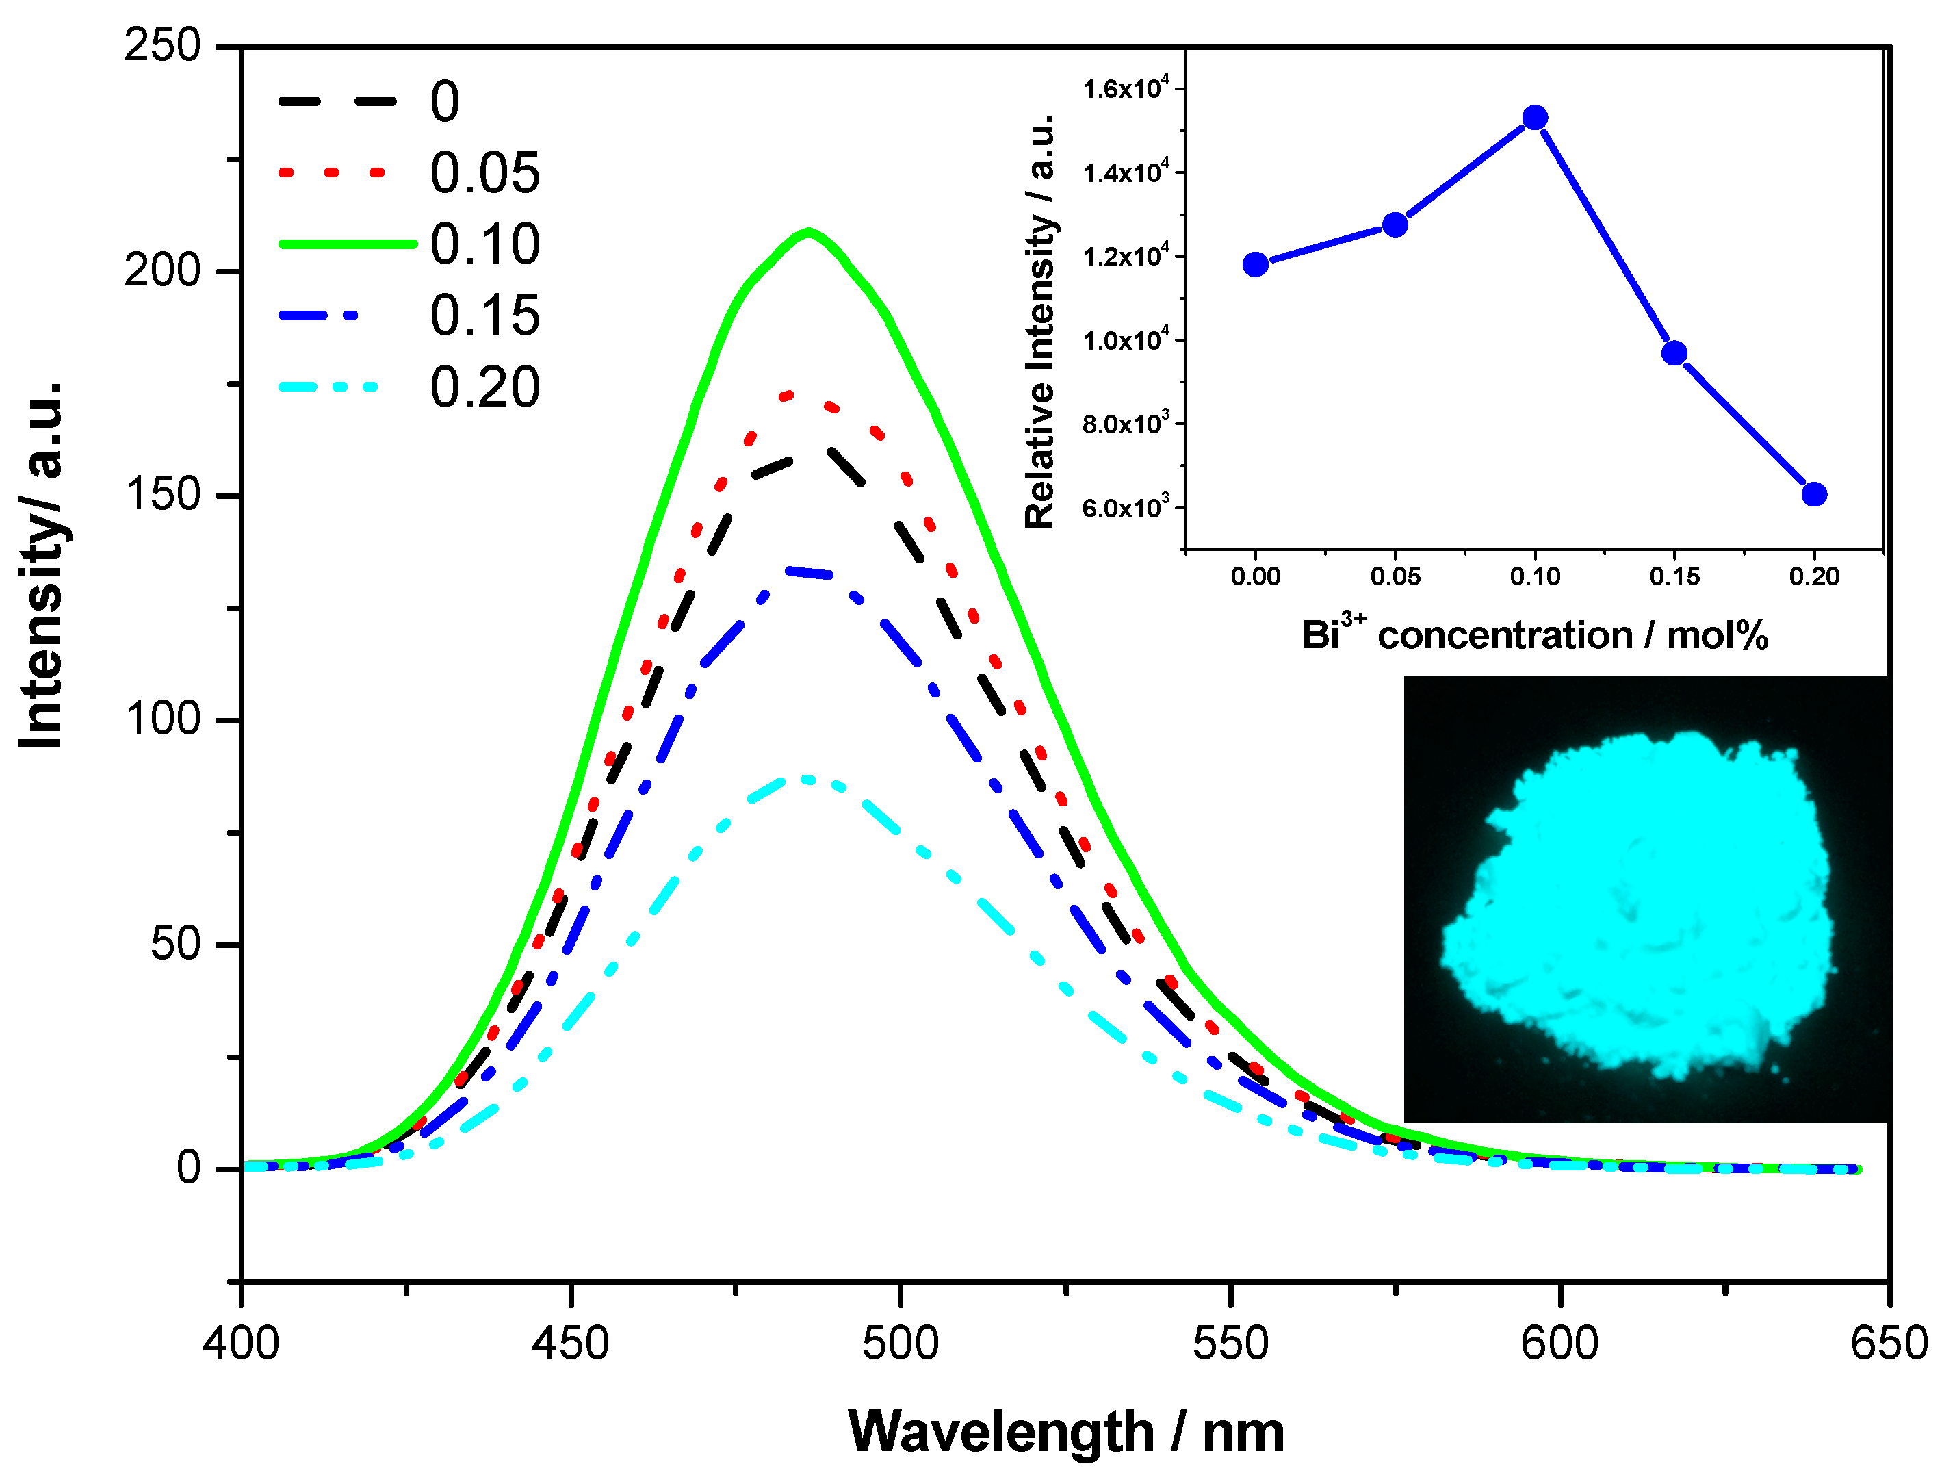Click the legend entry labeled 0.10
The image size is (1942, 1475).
click(x=484, y=244)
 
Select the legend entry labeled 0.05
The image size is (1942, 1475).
click(x=484, y=173)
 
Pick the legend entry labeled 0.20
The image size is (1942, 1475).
click(x=484, y=387)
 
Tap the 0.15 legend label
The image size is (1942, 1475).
click(x=484, y=316)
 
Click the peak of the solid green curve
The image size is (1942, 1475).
click(x=807, y=232)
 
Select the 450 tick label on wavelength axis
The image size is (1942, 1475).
click(x=571, y=1344)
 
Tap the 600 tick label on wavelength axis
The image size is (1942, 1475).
click(x=1560, y=1344)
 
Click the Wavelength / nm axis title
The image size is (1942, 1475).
click(x=1066, y=1433)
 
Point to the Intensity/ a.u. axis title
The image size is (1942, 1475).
click(x=42, y=566)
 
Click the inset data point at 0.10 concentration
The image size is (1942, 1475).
click(x=1535, y=118)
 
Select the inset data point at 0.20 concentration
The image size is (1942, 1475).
click(x=1814, y=494)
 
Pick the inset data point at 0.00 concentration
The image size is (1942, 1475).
click(x=1256, y=264)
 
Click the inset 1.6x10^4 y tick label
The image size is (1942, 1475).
click(x=1126, y=89)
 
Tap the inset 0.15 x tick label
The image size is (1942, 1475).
click(x=1674, y=577)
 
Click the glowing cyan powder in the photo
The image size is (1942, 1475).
click(x=1642, y=904)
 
